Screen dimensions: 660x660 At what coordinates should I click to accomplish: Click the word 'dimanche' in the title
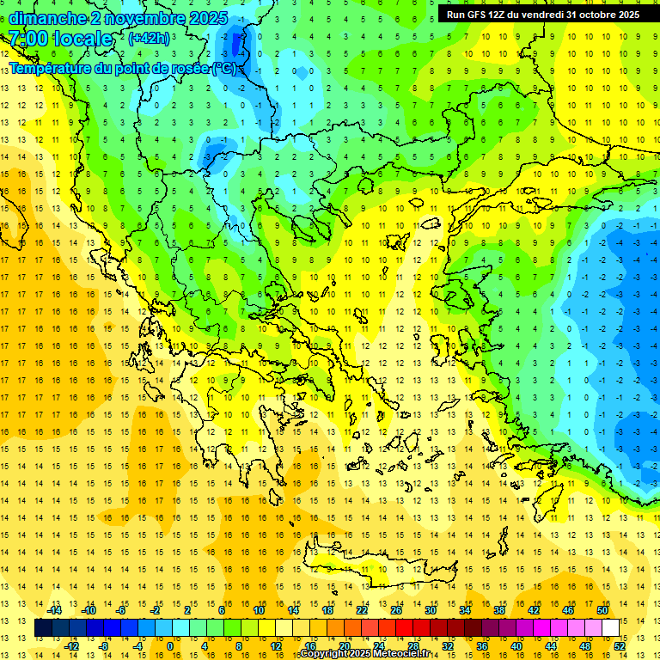[48, 18]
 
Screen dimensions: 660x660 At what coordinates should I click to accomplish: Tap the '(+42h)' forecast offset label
[149, 39]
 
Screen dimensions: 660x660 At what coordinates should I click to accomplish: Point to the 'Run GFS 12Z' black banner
[542, 15]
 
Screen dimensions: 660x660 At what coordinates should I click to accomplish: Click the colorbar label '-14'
[54, 610]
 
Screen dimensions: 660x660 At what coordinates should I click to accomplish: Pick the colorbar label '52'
[620, 646]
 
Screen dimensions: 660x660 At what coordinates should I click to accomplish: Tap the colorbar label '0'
[169, 646]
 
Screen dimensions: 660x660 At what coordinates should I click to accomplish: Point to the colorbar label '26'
[396, 610]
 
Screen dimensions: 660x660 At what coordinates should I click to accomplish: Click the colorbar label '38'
[498, 610]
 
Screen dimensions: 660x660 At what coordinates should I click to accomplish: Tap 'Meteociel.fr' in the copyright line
[401, 654]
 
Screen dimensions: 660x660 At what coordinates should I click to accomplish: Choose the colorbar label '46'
[568, 610]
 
